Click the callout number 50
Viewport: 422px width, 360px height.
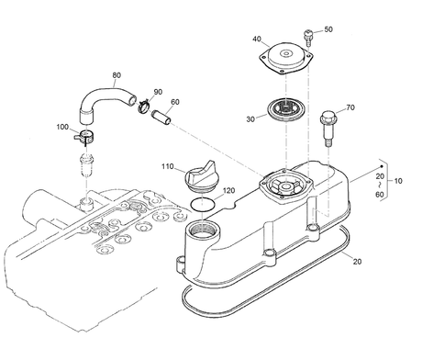coord(328,29)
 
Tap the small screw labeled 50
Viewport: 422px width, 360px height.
coord(308,38)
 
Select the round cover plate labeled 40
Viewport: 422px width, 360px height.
coord(285,58)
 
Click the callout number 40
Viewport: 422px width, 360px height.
coord(257,39)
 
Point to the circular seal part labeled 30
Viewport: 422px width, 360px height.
coord(286,109)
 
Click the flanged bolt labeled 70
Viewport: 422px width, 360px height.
coord(328,128)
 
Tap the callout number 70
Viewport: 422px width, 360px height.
coord(350,107)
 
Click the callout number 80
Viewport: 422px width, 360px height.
coord(117,75)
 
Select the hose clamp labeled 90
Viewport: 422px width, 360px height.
coord(143,106)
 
